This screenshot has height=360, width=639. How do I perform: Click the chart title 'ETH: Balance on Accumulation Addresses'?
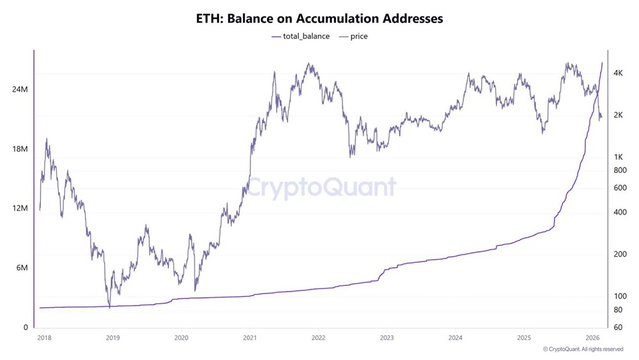tap(319, 19)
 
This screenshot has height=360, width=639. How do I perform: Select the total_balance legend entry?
tap(300, 36)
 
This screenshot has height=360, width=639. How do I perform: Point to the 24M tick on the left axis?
tap(20, 89)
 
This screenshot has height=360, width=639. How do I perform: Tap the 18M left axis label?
tap(20, 149)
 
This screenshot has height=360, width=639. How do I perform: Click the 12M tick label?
tap(20, 208)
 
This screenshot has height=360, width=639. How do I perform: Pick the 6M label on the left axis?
tap(22, 268)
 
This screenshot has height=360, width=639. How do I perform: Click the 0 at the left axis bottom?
tap(26, 327)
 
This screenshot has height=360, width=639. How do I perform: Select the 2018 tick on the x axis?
tap(44, 338)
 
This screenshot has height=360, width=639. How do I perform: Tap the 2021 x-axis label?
tap(250, 338)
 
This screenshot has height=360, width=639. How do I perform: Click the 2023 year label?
tap(387, 338)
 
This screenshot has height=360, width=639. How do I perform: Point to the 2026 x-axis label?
tap(592, 338)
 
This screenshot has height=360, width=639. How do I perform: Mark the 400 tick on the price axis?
tap(619, 212)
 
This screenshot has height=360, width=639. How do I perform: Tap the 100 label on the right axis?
tap(619, 296)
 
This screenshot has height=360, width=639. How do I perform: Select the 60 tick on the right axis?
tap(618, 327)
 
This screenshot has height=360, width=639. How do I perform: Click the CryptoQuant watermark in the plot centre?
tap(321, 187)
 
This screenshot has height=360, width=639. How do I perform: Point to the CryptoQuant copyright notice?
tap(583, 349)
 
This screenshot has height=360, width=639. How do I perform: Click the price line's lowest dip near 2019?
tap(109, 308)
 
